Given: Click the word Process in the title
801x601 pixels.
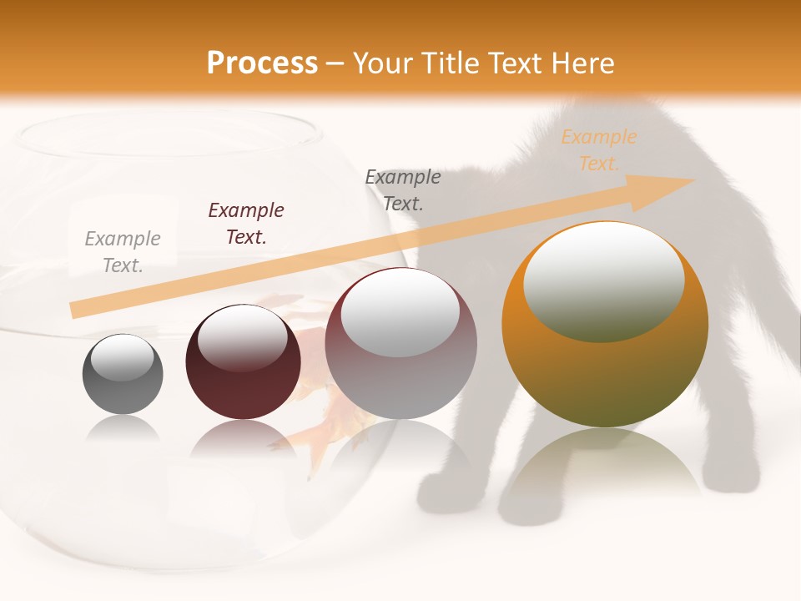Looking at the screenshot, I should coord(262,63).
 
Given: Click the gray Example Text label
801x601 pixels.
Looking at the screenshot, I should coord(123,251).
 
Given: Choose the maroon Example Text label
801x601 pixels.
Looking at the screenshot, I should coord(246,223).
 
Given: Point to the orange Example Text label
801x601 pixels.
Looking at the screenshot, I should coord(599,150).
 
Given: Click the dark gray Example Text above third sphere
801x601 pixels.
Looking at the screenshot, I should coord(403,189).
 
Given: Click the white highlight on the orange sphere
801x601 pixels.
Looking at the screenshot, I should coord(603,280).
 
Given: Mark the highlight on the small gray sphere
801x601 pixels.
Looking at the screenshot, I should coord(122,356).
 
